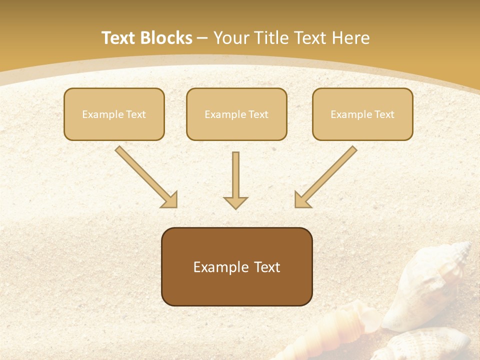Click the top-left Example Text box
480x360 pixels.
click(x=114, y=114)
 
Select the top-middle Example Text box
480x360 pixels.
click(x=236, y=114)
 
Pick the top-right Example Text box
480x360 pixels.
click(x=362, y=114)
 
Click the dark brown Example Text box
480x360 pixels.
click(x=236, y=266)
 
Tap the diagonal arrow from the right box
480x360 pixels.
click(x=327, y=175)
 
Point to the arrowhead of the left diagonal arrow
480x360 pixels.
click(x=170, y=200)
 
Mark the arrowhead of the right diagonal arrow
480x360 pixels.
click(x=301, y=200)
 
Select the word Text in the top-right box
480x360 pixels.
click(x=384, y=114)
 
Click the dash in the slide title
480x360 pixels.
click(x=202, y=38)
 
